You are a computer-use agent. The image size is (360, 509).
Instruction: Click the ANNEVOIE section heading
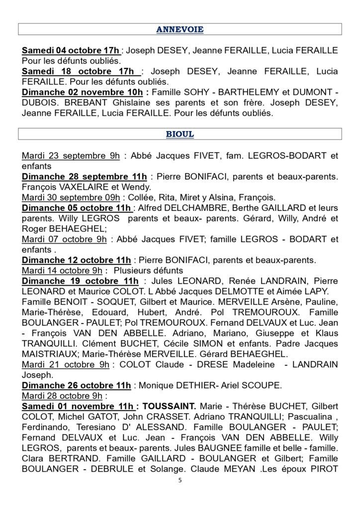coord(180,29)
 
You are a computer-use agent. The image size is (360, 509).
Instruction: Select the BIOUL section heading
coord(180,134)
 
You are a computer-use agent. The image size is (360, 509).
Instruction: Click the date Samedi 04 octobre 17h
coord(71,51)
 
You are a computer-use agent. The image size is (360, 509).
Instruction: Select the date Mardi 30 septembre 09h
coord(67,197)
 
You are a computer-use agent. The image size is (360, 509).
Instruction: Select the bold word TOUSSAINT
coord(169,406)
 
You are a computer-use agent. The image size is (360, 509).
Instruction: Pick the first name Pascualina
coord(298,417)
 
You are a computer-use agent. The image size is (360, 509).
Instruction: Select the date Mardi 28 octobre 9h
coord(63,396)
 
